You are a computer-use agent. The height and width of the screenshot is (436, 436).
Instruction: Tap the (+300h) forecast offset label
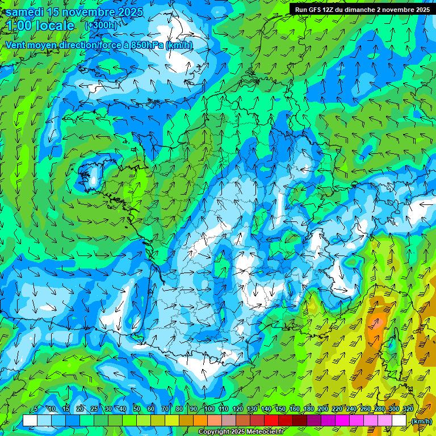click(x=100, y=26)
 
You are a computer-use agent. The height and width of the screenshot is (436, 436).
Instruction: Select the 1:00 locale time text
click(x=40, y=26)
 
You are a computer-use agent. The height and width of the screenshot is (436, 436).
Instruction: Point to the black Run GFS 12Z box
click(x=362, y=9)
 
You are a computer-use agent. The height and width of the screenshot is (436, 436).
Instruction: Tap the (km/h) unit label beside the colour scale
click(x=421, y=421)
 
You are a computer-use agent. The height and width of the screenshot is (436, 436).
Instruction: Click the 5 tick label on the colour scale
click(x=36, y=409)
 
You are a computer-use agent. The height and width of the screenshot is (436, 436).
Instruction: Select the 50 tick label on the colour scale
click(x=137, y=409)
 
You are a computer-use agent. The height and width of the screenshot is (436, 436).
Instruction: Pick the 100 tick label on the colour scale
click(x=209, y=409)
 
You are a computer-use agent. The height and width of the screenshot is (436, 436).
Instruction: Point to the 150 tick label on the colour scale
click(x=280, y=409)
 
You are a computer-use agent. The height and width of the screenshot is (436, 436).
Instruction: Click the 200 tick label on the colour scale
click(x=323, y=409)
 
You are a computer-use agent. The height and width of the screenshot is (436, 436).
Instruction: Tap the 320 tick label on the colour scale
click(x=408, y=409)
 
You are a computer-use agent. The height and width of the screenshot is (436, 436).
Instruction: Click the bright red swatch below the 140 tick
click(x=271, y=421)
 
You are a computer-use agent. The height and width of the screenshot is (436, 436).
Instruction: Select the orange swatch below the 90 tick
click(x=200, y=421)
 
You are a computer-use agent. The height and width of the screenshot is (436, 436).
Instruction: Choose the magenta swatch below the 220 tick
click(x=342, y=421)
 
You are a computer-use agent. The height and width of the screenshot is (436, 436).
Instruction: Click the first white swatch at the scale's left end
click(x=30, y=421)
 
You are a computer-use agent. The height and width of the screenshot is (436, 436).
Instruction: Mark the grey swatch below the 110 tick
click(x=229, y=421)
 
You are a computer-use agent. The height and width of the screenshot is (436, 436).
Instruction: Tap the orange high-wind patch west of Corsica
click(x=375, y=324)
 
